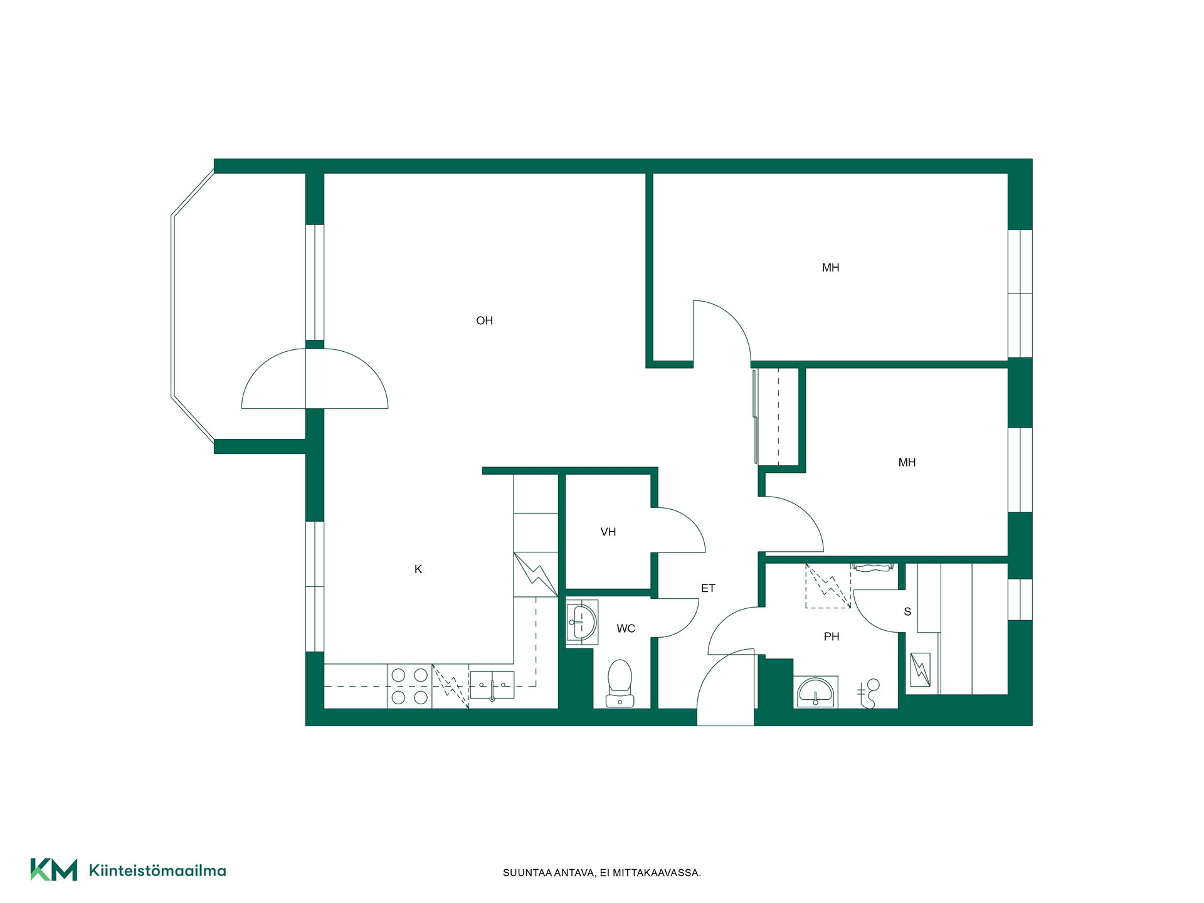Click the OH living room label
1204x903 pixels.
coord(484,320)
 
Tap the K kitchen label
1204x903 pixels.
coord(418,569)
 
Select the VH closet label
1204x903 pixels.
coord(608,532)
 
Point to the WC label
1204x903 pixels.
coord(626,628)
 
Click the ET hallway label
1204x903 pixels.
coord(708,588)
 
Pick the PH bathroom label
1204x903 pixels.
coord(832,636)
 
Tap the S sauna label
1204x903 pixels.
coord(907,611)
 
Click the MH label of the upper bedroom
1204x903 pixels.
coord(830,268)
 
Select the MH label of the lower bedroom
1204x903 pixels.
coord(907,462)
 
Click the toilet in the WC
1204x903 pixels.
coord(620,684)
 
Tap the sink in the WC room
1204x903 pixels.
coord(582,623)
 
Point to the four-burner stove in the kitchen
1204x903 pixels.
coord(409,686)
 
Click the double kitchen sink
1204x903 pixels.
coord(492,685)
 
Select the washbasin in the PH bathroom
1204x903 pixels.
coord(816,692)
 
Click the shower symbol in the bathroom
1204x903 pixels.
coord(869,694)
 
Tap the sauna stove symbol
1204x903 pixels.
coord(921,670)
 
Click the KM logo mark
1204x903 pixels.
coord(54,869)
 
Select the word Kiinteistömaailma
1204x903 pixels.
coord(157,870)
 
